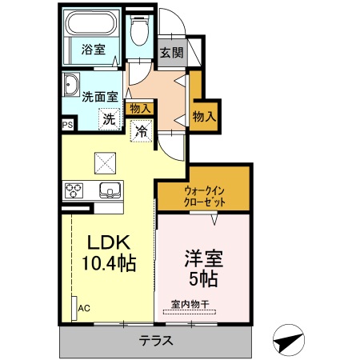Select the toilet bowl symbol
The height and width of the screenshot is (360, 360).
[x=141, y=30]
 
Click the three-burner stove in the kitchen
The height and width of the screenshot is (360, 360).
[x=75, y=190]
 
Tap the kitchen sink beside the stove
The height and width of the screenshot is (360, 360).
[x=110, y=190]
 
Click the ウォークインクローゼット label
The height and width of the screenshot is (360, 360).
[x=204, y=197]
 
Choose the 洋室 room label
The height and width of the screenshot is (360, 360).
[x=204, y=258]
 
